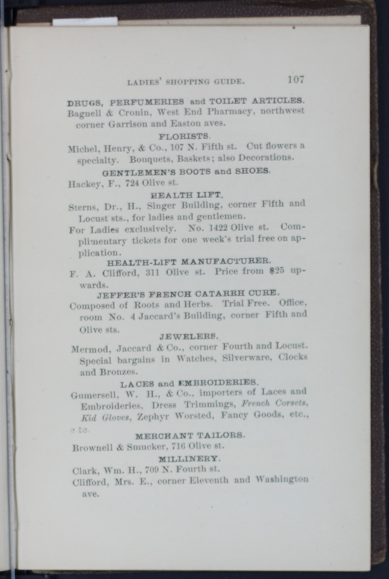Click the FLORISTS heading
184,135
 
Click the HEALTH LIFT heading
187,195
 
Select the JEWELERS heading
189,336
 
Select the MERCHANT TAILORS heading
190,436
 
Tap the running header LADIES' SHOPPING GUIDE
185,81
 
